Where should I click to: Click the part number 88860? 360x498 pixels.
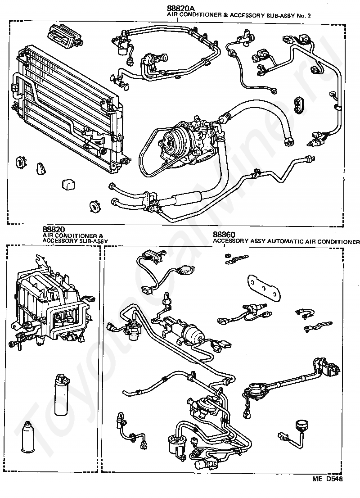point(224,235)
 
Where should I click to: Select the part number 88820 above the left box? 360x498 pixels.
point(54,229)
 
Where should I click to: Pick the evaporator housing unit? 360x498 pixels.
point(49,302)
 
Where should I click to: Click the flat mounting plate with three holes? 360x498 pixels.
point(264,286)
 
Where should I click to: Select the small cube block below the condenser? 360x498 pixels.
point(68,185)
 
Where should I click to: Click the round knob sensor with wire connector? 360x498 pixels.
point(300,426)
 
